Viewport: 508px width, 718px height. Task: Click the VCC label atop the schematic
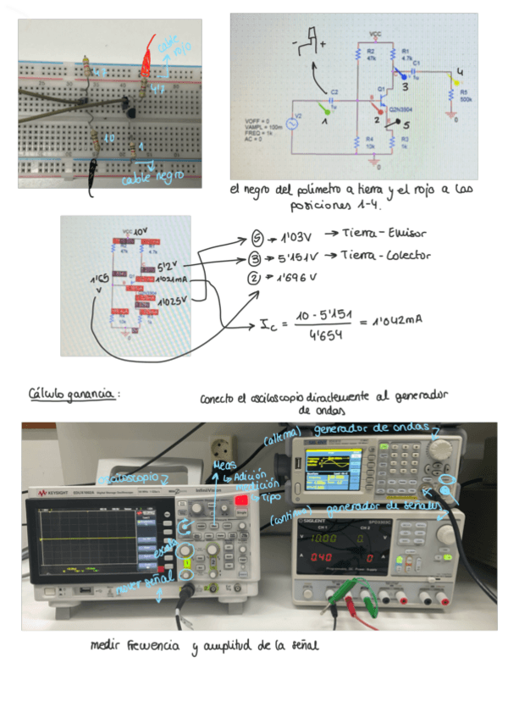(375, 34)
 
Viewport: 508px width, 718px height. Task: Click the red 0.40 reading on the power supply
(322, 557)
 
